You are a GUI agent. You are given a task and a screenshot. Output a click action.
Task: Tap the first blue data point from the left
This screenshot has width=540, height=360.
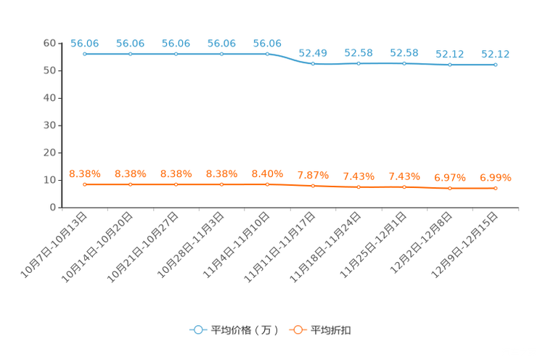coord(85,54)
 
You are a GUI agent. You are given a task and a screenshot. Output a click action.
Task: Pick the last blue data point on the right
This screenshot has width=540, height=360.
coord(495,65)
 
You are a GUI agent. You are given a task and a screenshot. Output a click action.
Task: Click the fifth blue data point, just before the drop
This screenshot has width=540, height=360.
coord(267,54)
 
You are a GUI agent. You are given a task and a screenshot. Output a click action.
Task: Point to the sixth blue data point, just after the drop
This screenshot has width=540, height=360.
coord(313,64)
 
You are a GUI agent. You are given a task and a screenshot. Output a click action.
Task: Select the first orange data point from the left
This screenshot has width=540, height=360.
coord(85,185)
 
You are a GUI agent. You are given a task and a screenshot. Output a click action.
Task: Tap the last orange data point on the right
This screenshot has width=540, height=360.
coord(496,189)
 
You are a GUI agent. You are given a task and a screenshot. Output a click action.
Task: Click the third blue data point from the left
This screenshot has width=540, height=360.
coord(176,54)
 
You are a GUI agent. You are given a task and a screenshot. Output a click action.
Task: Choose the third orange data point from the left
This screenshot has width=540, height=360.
coord(176,185)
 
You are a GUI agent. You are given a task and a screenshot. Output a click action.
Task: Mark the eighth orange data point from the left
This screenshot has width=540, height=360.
coord(404,187)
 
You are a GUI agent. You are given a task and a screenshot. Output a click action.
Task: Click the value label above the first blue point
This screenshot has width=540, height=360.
coord(85,43)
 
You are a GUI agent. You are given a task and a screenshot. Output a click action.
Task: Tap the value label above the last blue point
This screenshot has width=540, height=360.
coord(495,54)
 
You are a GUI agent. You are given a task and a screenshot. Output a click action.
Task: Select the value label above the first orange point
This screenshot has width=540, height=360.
coord(85,173)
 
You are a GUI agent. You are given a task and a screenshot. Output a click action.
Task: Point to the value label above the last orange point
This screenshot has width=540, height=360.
coord(496,176)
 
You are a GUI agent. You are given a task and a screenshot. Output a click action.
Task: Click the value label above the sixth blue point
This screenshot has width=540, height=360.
coord(313,52)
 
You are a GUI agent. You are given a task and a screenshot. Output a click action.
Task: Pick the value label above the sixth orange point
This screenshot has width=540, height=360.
coord(313,175)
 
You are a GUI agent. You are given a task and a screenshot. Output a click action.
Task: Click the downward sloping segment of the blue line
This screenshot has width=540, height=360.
coord(290,59)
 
